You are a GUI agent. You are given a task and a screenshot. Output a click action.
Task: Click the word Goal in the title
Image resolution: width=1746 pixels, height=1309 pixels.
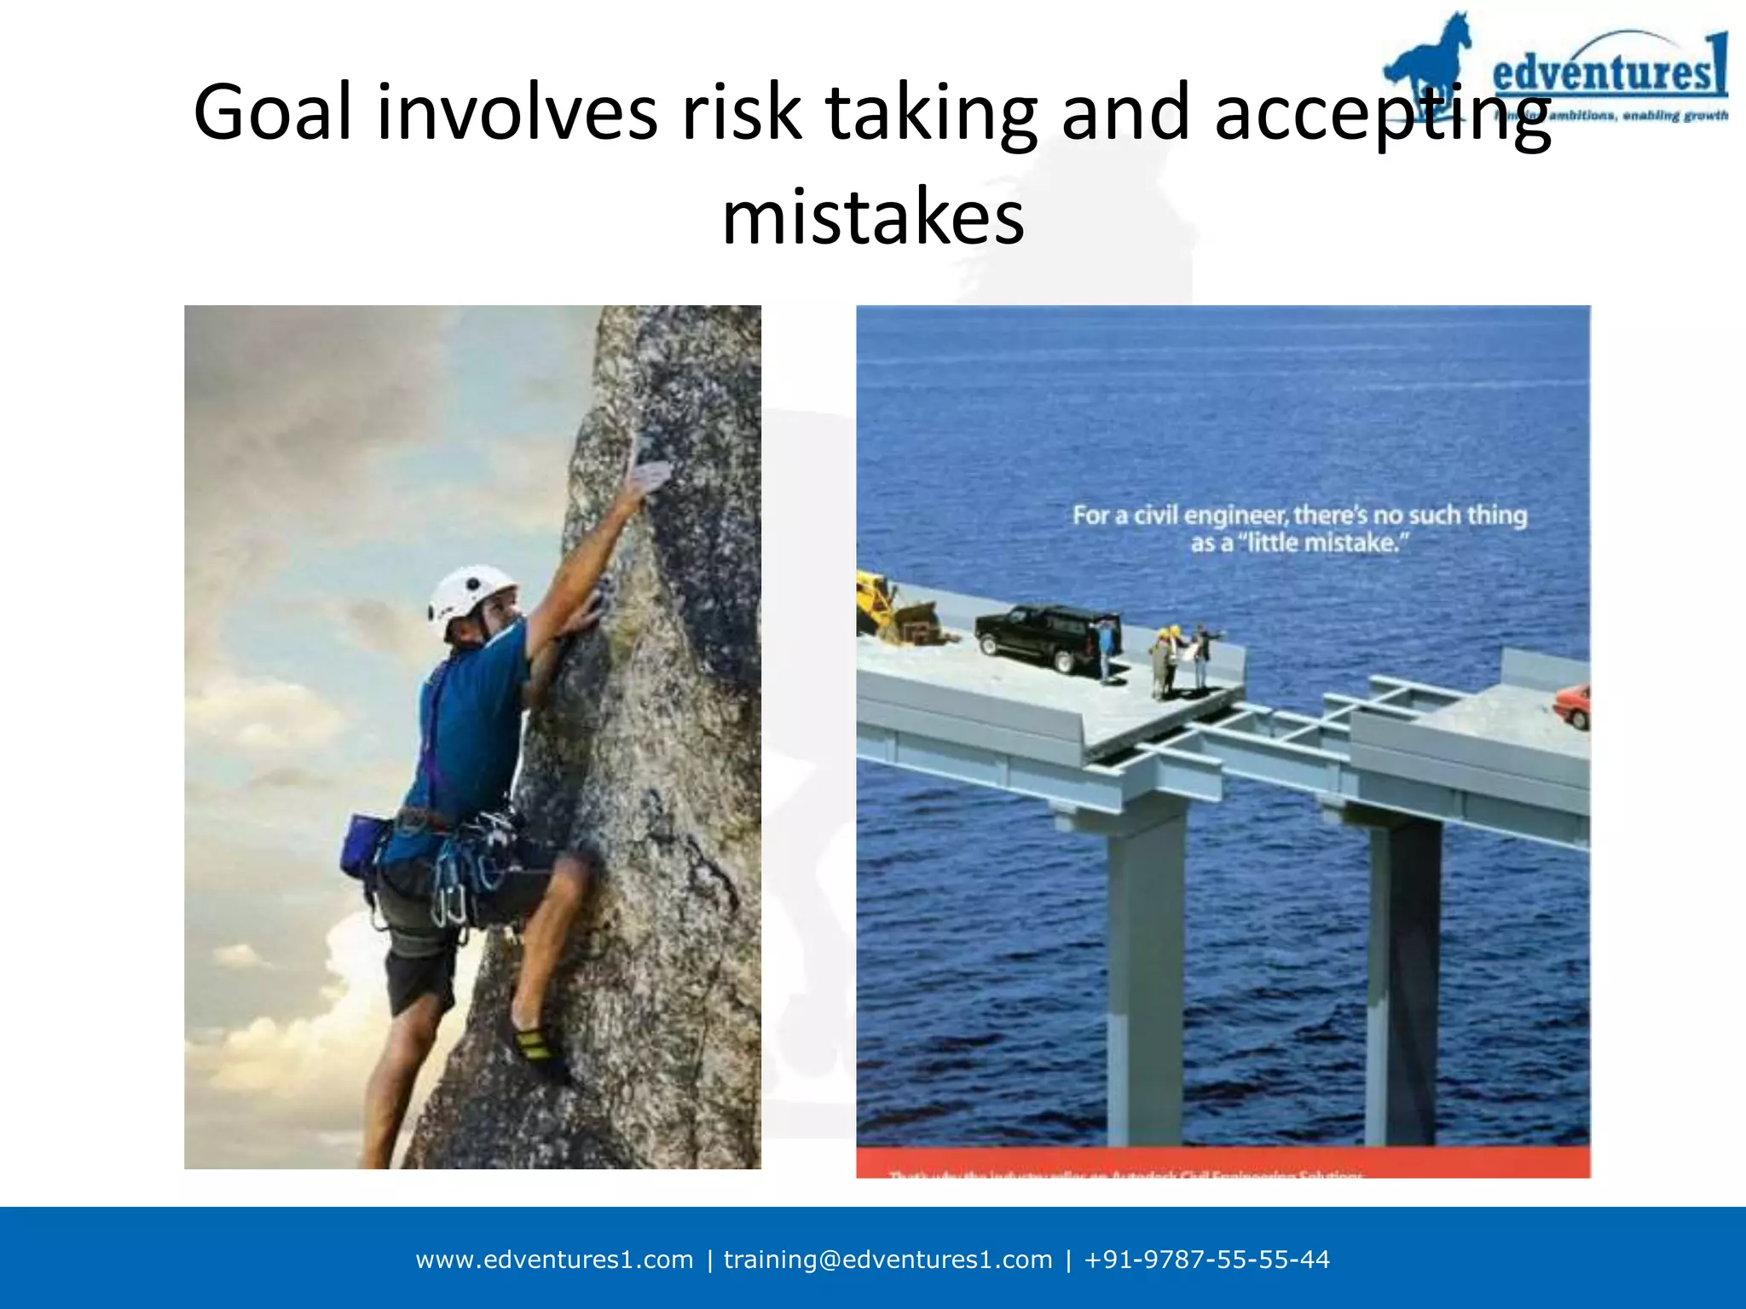[x=272, y=113]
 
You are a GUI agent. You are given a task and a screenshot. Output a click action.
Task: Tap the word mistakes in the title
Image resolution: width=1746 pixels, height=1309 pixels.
[x=873, y=218]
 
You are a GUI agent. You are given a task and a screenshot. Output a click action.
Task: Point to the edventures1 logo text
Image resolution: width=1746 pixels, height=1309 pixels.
[x=1610, y=70]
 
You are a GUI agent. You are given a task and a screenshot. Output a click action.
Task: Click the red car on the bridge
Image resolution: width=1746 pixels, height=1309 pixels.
[x=1573, y=706]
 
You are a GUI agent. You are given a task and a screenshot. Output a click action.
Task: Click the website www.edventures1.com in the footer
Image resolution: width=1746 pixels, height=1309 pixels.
[x=554, y=1260]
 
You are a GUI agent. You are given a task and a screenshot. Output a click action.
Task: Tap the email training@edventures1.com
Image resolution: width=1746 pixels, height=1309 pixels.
[x=887, y=1260]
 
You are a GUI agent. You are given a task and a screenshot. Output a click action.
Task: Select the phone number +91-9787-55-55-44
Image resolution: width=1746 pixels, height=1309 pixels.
[x=1206, y=1260]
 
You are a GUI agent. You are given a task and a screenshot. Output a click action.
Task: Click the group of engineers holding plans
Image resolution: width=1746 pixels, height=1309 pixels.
[x=1181, y=660]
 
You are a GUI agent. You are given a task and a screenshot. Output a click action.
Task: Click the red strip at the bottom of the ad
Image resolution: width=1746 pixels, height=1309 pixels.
[x=1223, y=1163]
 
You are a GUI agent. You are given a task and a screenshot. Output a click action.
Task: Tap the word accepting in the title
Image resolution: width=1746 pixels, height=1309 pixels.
[x=1381, y=113]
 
